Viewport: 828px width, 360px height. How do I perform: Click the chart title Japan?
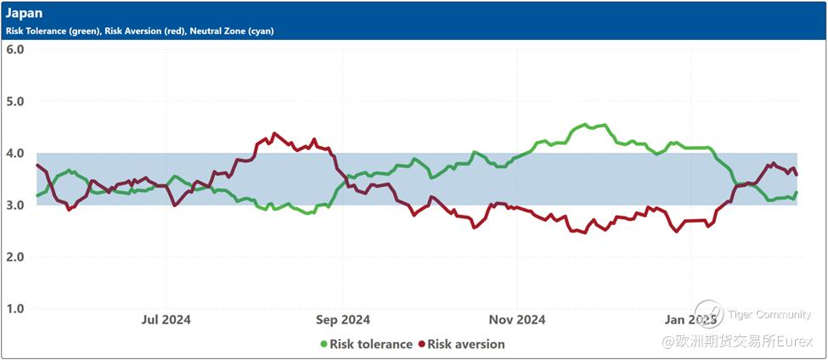(x=24, y=14)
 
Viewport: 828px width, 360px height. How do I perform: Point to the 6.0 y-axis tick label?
(x=14, y=49)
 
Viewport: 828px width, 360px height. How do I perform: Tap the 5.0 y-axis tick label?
(x=14, y=101)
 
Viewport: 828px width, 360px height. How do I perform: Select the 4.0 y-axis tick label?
(x=14, y=153)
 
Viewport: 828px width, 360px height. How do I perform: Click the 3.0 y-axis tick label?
(x=14, y=205)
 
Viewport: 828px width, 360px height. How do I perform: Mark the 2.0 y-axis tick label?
(x=14, y=256)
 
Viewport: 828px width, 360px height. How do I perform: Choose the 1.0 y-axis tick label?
(x=14, y=308)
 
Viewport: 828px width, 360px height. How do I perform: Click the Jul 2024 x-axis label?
(x=166, y=320)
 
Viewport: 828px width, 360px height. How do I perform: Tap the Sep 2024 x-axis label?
(x=342, y=320)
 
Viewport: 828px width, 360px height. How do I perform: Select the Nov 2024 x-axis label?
(x=518, y=320)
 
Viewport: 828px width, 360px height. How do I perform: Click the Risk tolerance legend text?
(x=370, y=344)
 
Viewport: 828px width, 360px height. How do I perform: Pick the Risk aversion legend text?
(x=466, y=344)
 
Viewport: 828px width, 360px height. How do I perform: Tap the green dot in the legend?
(x=324, y=344)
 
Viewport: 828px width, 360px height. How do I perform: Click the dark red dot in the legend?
(x=421, y=344)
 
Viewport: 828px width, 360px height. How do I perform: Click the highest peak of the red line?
(x=273, y=133)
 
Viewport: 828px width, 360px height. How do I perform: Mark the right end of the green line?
(x=797, y=193)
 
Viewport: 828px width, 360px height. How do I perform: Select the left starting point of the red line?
(x=37, y=165)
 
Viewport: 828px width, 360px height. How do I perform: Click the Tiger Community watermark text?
(x=769, y=315)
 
